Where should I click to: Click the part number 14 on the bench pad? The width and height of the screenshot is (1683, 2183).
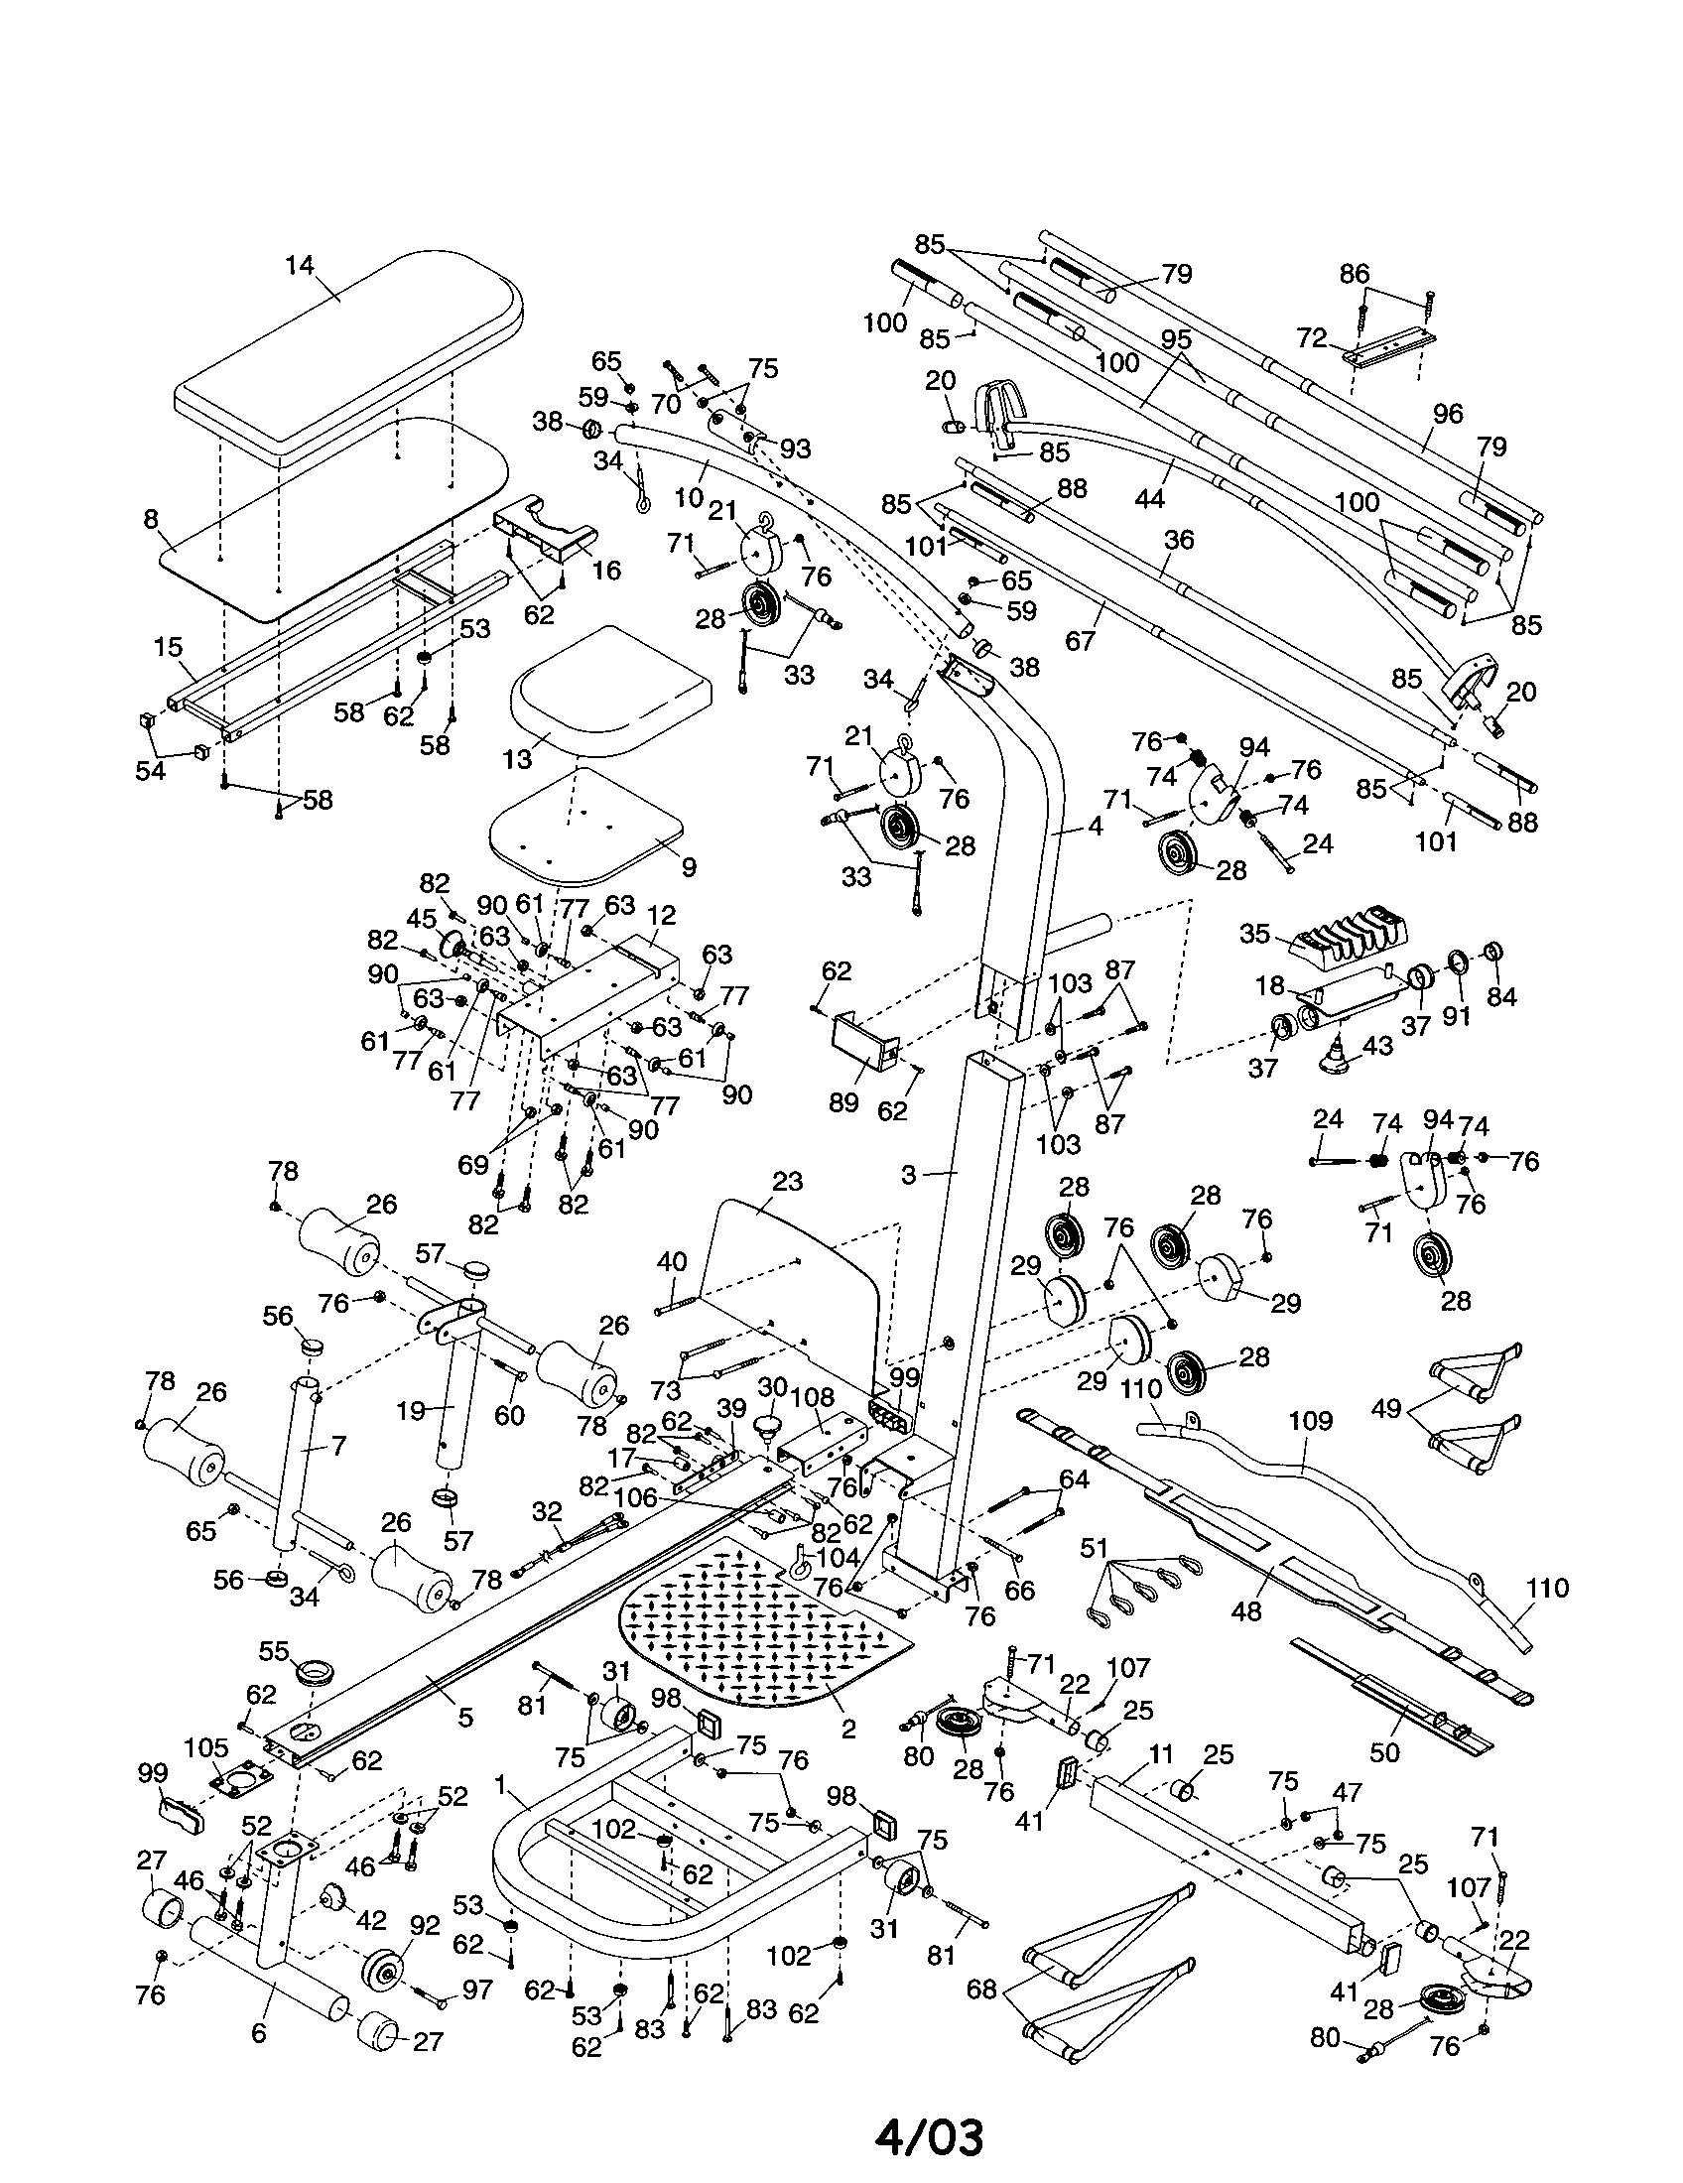click(x=299, y=266)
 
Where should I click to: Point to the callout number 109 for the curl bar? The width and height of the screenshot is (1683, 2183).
click(x=1311, y=1420)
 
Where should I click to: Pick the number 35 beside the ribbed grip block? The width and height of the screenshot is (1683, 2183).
click(x=1253, y=934)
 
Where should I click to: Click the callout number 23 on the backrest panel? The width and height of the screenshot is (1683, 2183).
click(x=788, y=1182)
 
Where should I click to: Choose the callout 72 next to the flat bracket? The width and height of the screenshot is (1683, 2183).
click(x=1311, y=337)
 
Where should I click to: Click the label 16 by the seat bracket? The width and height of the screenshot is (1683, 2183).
click(x=606, y=570)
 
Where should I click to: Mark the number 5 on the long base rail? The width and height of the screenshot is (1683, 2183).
click(x=464, y=1718)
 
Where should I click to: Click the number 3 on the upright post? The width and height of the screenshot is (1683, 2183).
click(x=907, y=1176)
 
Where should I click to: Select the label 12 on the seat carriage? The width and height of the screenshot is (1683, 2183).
click(x=662, y=916)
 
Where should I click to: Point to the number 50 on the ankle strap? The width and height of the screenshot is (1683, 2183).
click(x=1384, y=1751)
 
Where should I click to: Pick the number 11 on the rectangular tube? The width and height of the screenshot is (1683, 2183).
click(x=1160, y=1753)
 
